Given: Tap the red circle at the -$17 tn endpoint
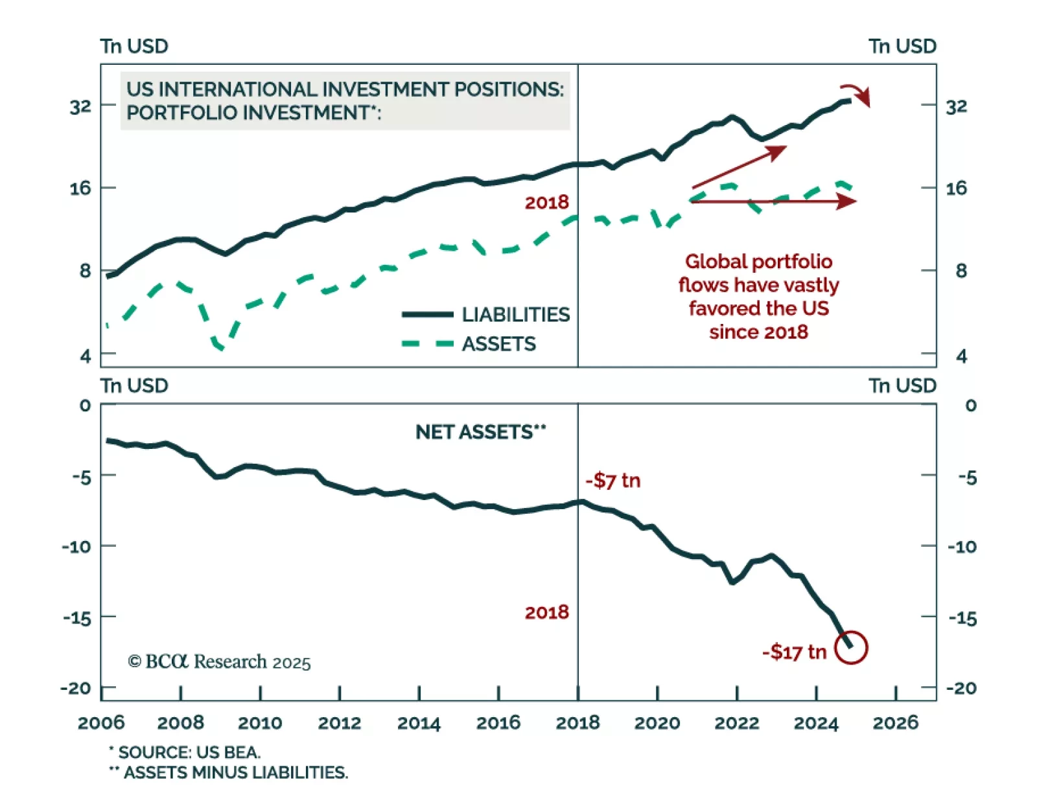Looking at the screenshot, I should pos(850,647).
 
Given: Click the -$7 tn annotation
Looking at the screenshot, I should pos(612,481).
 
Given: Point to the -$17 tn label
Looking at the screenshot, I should pos(794,652).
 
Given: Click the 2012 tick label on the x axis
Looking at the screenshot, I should pos(339,723).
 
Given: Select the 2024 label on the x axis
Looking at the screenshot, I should pos(816,723).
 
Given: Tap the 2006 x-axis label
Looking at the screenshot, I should pos(101,723).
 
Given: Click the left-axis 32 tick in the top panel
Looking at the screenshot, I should pos(81,106).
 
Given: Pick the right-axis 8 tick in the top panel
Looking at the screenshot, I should pos(961,271).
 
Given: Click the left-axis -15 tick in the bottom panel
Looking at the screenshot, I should pos(77,618).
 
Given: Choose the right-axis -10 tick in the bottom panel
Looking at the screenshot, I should pos(962,547).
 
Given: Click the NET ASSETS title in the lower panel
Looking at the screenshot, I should pos(480,432).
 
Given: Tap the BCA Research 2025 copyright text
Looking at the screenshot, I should pos(219,661).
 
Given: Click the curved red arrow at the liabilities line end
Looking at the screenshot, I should pos(856,94).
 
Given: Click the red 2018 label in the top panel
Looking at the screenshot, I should pos(546,203).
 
